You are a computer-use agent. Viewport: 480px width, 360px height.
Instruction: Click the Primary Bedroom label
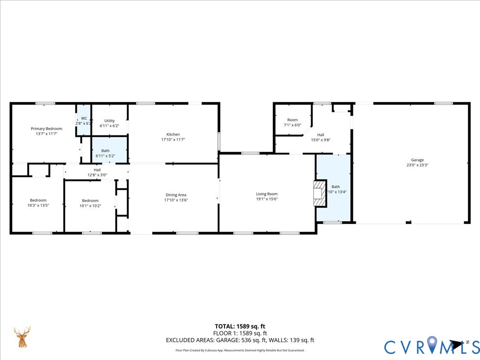point(46,128)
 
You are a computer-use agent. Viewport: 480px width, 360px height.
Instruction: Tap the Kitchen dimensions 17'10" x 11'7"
point(173,140)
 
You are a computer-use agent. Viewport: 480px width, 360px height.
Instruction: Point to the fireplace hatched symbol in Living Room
point(319,193)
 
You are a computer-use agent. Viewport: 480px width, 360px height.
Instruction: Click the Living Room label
point(267,194)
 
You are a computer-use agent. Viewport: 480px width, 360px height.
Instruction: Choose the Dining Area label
point(176,195)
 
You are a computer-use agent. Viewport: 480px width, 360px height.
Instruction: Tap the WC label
point(84,118)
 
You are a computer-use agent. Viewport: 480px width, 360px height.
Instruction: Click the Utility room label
point(109,120)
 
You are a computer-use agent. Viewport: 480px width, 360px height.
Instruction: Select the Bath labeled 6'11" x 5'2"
point(105,150)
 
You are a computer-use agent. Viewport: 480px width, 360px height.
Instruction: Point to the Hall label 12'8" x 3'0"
point(97,170)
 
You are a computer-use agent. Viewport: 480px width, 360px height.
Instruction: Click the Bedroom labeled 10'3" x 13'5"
point(38,200)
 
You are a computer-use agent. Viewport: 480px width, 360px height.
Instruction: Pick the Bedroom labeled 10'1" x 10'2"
point(90,200)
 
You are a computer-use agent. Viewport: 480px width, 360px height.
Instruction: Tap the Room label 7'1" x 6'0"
point(292,120)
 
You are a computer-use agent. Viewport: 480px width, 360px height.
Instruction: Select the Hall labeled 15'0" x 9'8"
point(321,135)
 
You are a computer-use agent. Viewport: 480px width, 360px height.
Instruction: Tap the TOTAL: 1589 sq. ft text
point(240,326)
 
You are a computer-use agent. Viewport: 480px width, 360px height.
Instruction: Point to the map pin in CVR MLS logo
point(431,345)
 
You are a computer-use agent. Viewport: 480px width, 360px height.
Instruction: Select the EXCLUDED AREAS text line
point(240,340)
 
